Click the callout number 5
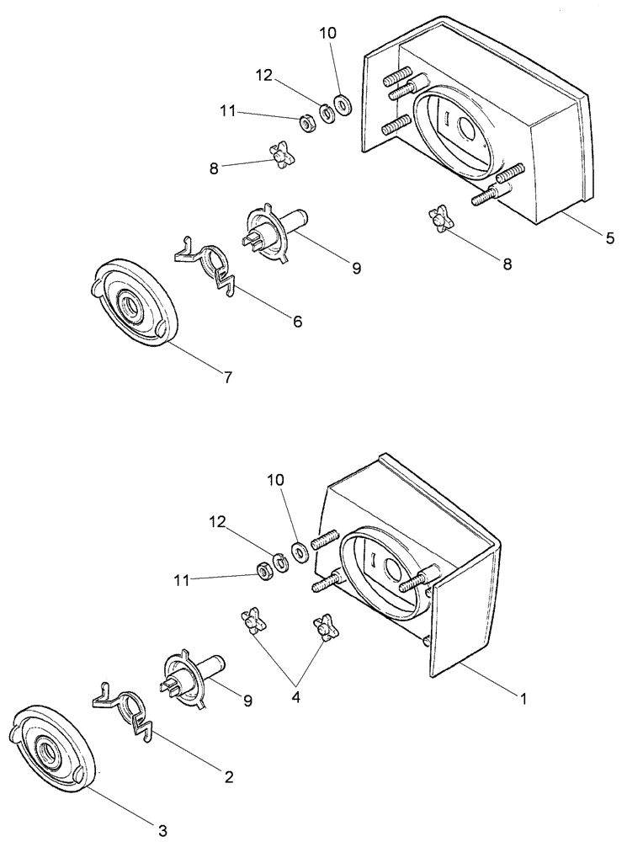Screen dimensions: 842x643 (x=608, y=238)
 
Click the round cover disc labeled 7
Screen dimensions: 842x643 (x=135, y=304)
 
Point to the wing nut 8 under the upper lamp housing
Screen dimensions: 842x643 (x=441, y=221)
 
